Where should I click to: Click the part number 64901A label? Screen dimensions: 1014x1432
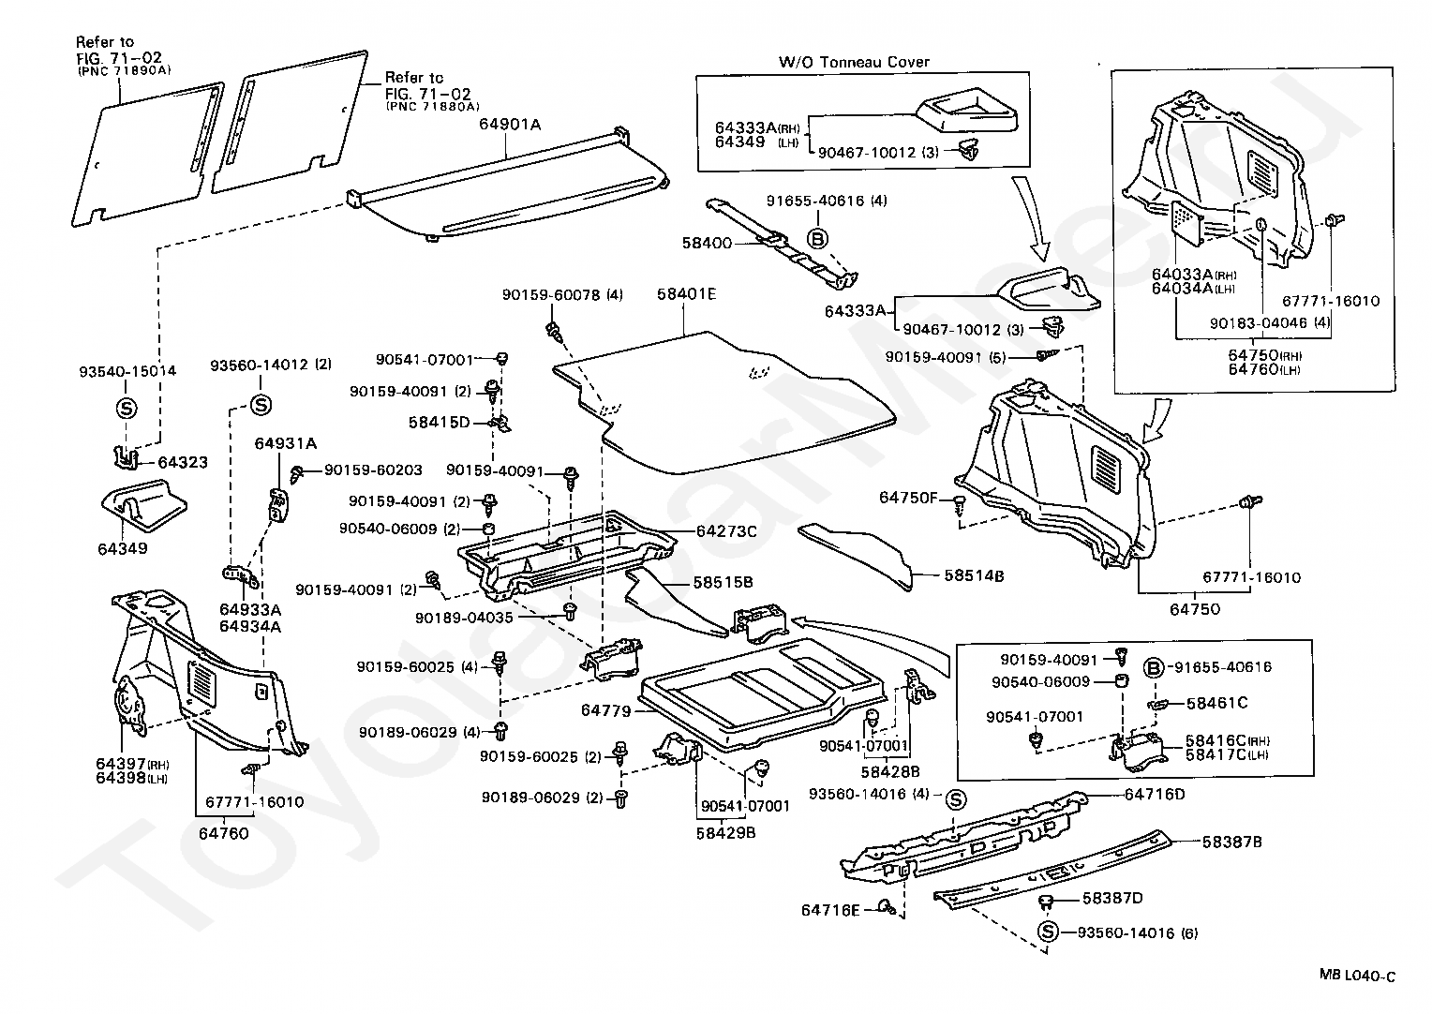(x=510, y=124)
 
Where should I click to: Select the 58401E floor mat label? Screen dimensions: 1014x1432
(x=686, y=294)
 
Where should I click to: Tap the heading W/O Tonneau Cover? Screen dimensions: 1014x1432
(x=854, y=62)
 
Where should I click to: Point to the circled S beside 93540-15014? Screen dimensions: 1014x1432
(x=127, y=409)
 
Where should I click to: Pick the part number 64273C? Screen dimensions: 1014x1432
(x=725, y=530)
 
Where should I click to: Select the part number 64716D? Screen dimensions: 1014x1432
(x=1155, y=795)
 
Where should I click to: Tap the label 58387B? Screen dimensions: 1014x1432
(x=1231, y=842)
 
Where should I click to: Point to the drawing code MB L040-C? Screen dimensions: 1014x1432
(x=1356, y=977)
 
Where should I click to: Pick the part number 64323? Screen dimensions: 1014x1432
(x=182, y=462)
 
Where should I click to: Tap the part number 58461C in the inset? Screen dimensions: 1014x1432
(x=1216, y=702)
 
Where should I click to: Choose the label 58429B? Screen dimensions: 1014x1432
(x=725, y=830)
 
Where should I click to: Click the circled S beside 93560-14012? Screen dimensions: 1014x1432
(x=261, y=405)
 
